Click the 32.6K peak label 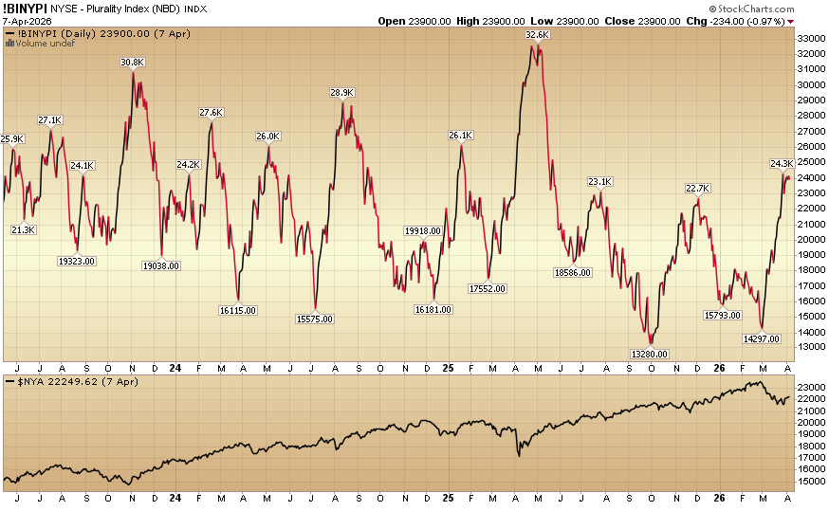coord(537,35)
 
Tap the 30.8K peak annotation coord(133,62)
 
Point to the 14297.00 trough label coord(761,338)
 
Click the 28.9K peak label coord(341,93)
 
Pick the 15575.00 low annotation coord(314,319)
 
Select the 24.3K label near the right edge coord(782,163)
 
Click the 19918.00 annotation coord(422,230)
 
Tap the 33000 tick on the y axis coord(809,38)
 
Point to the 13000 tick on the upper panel coord(809,348)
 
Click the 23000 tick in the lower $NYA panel coord(809,388)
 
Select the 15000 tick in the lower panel coord(809,481)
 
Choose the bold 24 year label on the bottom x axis coord(175,497)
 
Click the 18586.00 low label coord(572,272)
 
